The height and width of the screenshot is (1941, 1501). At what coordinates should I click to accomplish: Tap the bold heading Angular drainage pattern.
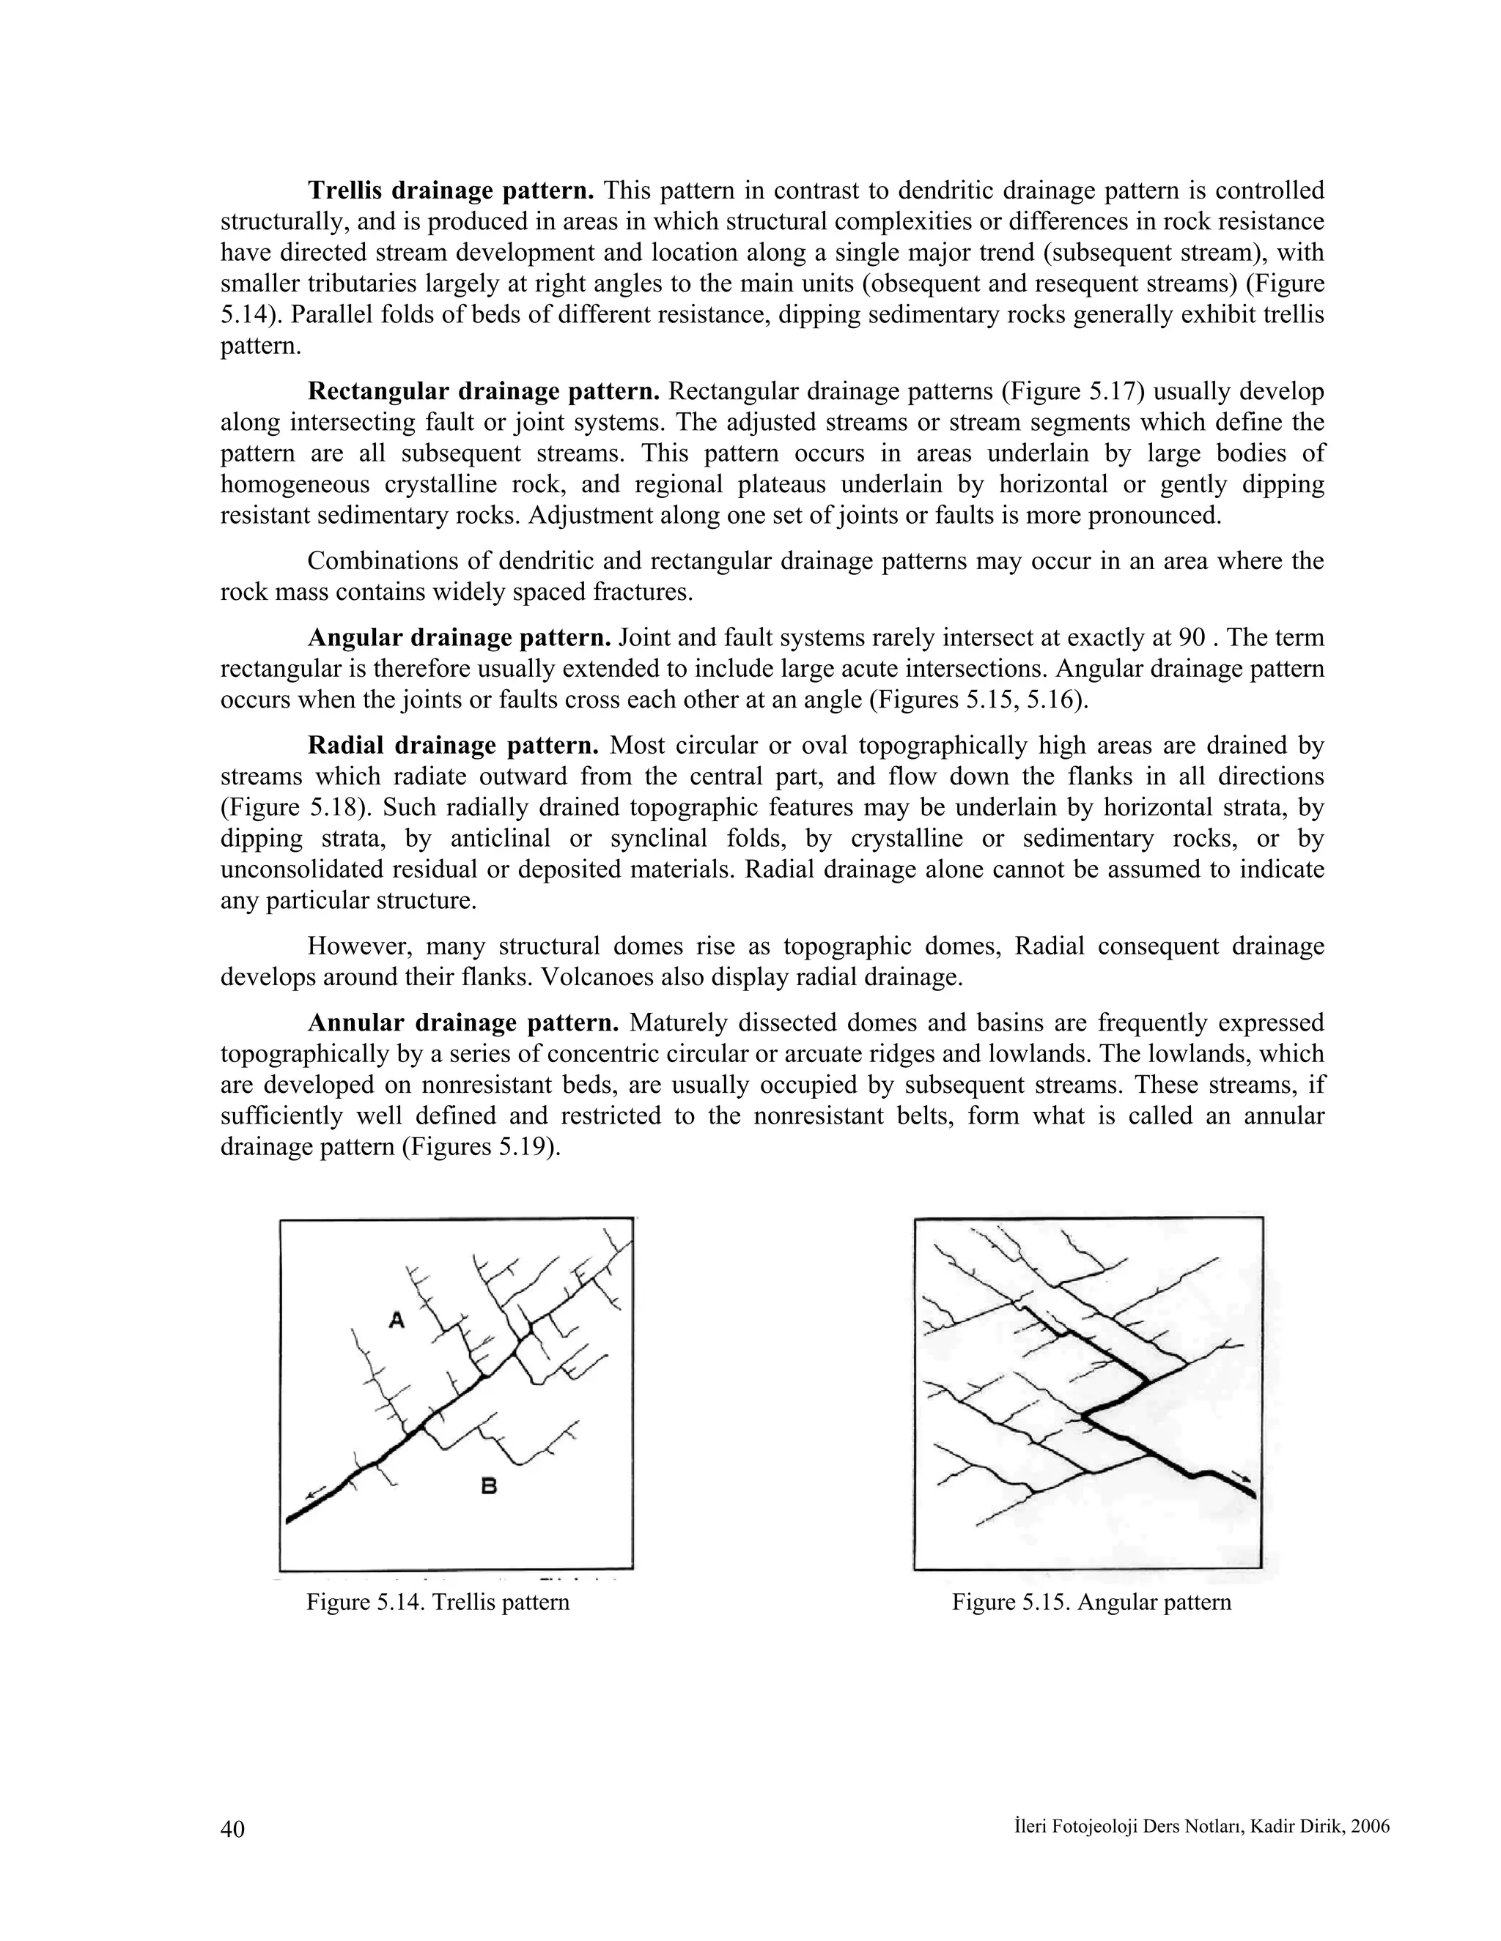pos(459,637)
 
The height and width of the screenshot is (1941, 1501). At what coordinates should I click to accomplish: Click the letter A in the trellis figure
pos(397,1321)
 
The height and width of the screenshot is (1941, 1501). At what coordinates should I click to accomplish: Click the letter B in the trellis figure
pos(489,1484)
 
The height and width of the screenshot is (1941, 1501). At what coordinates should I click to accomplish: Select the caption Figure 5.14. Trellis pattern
pos(438,1601)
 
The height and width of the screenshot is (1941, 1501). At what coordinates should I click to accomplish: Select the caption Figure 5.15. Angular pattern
pos(1091,1601)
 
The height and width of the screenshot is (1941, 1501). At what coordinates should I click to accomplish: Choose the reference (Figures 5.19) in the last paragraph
pos(481,1146)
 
